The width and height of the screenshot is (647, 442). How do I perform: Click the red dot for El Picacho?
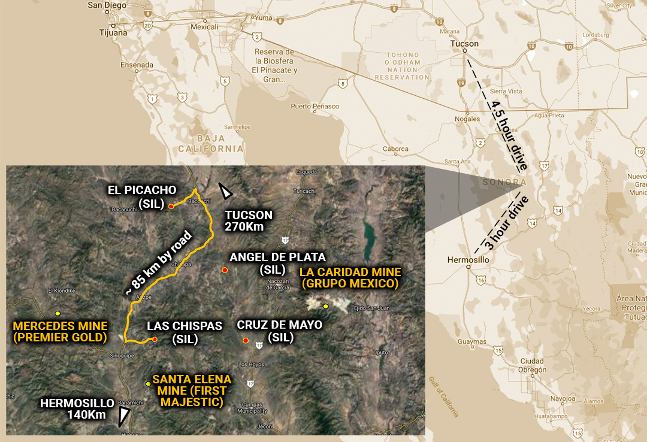pos(171,206)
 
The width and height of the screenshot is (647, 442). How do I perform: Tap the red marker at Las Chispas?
pos(155,340)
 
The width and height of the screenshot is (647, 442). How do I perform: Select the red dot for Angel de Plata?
pos(225,270)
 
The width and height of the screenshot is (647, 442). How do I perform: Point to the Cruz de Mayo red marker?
pos(246,341)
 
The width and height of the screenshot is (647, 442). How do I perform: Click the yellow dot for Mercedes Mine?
pos(58,313)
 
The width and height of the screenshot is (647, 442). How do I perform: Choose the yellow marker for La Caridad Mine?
pos(326,307)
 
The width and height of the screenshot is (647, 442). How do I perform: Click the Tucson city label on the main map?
pos(465,44)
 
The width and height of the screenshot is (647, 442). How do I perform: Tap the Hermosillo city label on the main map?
pos(468,261)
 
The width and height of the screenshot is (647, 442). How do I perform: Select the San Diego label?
pos(108,5)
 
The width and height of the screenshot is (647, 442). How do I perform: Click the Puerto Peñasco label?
pos(315,107)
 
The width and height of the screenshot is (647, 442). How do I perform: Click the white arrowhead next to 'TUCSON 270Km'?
pos(225,191)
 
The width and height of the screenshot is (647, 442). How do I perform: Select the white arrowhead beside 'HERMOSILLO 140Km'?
pos(125,415)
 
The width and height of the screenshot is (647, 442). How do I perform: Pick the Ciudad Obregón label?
pos(532,365)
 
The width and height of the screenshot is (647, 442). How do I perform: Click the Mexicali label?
pos(205,27)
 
